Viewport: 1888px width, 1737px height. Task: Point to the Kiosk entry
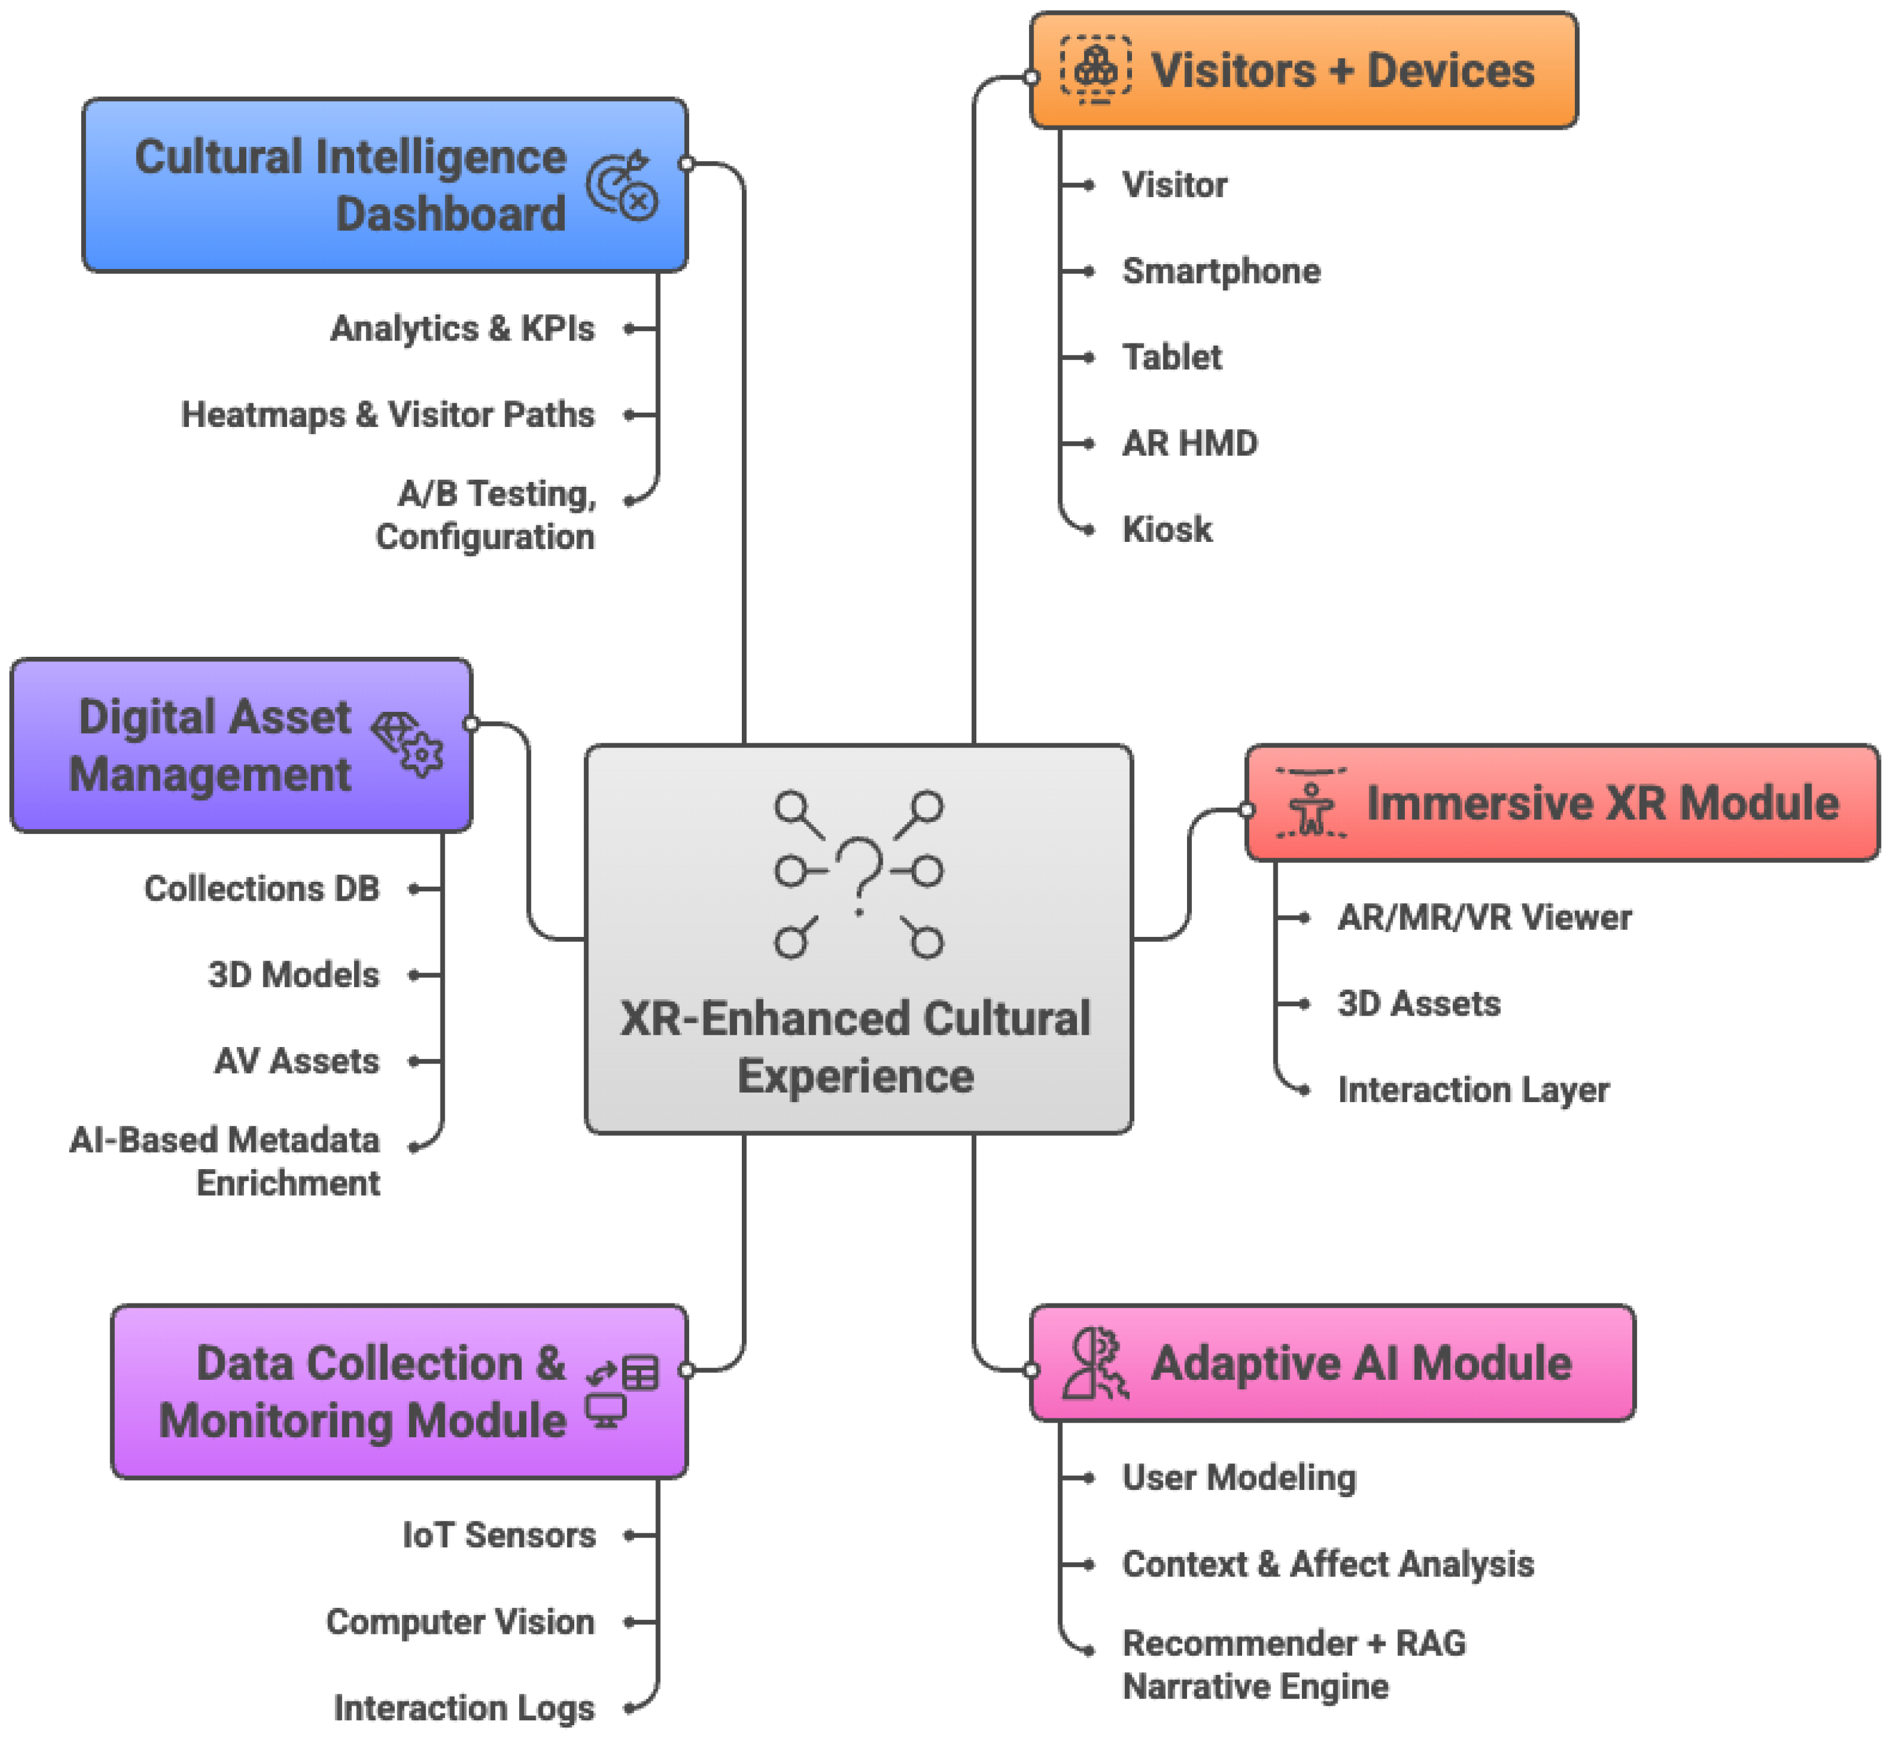pyautogui.click(x=1166, y=530)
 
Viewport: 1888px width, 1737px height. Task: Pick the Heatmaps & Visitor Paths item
pyautogui.click(x=387, y=415)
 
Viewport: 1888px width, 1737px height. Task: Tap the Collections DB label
pyautogui.click(x=261, y=888)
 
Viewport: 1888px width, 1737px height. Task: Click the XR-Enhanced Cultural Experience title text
pyautogui.click(x=855, y=1046)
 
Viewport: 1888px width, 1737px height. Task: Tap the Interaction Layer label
pyautogui.click(x=1472, y=1090)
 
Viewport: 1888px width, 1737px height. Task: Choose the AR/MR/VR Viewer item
pyautogui.click(x=1484, y=917)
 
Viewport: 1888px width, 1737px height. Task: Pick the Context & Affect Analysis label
pyautogui.click(x=1327, y=1564)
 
